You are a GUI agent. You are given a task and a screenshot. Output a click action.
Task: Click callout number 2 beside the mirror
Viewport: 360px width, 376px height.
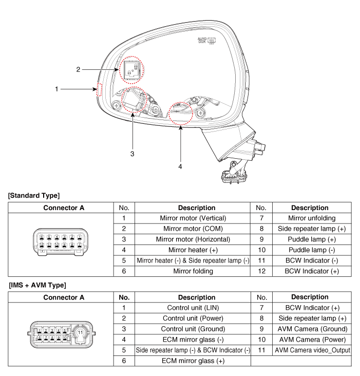click(78, 69)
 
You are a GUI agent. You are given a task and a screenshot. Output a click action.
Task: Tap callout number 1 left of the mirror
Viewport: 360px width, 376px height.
click(57, 89)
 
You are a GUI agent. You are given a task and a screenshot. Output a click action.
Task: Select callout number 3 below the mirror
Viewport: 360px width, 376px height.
click(132, 153)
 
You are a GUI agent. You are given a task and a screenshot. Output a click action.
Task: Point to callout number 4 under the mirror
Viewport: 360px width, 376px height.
click(180, 166)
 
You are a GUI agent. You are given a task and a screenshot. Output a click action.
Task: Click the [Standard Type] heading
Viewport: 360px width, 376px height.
click(34, 195)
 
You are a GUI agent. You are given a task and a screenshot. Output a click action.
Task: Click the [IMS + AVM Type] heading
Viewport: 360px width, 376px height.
click(37, 285)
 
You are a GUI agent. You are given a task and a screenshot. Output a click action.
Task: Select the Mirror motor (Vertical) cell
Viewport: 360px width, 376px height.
click(193, 218)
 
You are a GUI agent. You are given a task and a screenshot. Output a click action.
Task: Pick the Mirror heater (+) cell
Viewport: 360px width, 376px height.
click(193, 250)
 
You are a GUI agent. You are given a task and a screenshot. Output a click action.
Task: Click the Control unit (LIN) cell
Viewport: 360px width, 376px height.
click(193, 308)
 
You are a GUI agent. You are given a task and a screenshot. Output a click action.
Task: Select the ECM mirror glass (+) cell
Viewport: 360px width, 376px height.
click(193, 361)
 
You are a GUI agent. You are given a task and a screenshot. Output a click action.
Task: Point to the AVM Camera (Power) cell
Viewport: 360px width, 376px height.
click(312, 340)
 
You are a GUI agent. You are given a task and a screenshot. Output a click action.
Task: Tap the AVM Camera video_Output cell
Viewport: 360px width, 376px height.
click(312, 350)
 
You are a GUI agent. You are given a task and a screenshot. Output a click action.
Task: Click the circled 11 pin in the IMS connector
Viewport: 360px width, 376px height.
click(80, 333)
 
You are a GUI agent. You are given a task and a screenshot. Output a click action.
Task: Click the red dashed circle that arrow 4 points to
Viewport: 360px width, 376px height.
click(181, 112)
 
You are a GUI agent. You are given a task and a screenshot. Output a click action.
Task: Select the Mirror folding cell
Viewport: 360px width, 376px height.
click(193, 271)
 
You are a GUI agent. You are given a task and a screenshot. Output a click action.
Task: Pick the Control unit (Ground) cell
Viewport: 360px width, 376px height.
click(193, 329)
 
